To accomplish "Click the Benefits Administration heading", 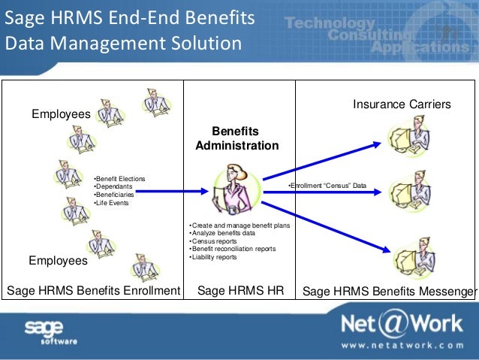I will tap(236, 138).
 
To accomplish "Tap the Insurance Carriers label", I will tap(402, 104).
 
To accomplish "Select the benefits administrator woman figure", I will tap(233, 188).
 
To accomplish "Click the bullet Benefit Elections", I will tap(120, 178).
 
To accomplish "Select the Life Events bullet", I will tap(113, 203).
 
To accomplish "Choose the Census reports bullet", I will tap(211, 241).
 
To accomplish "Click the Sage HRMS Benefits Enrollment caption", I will tap(93, 291).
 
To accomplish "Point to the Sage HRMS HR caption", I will tap(239, 291).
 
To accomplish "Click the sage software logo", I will tap(50, 331).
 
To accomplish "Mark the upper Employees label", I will tap(60, 114).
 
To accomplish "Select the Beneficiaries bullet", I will tap(116, 195).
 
